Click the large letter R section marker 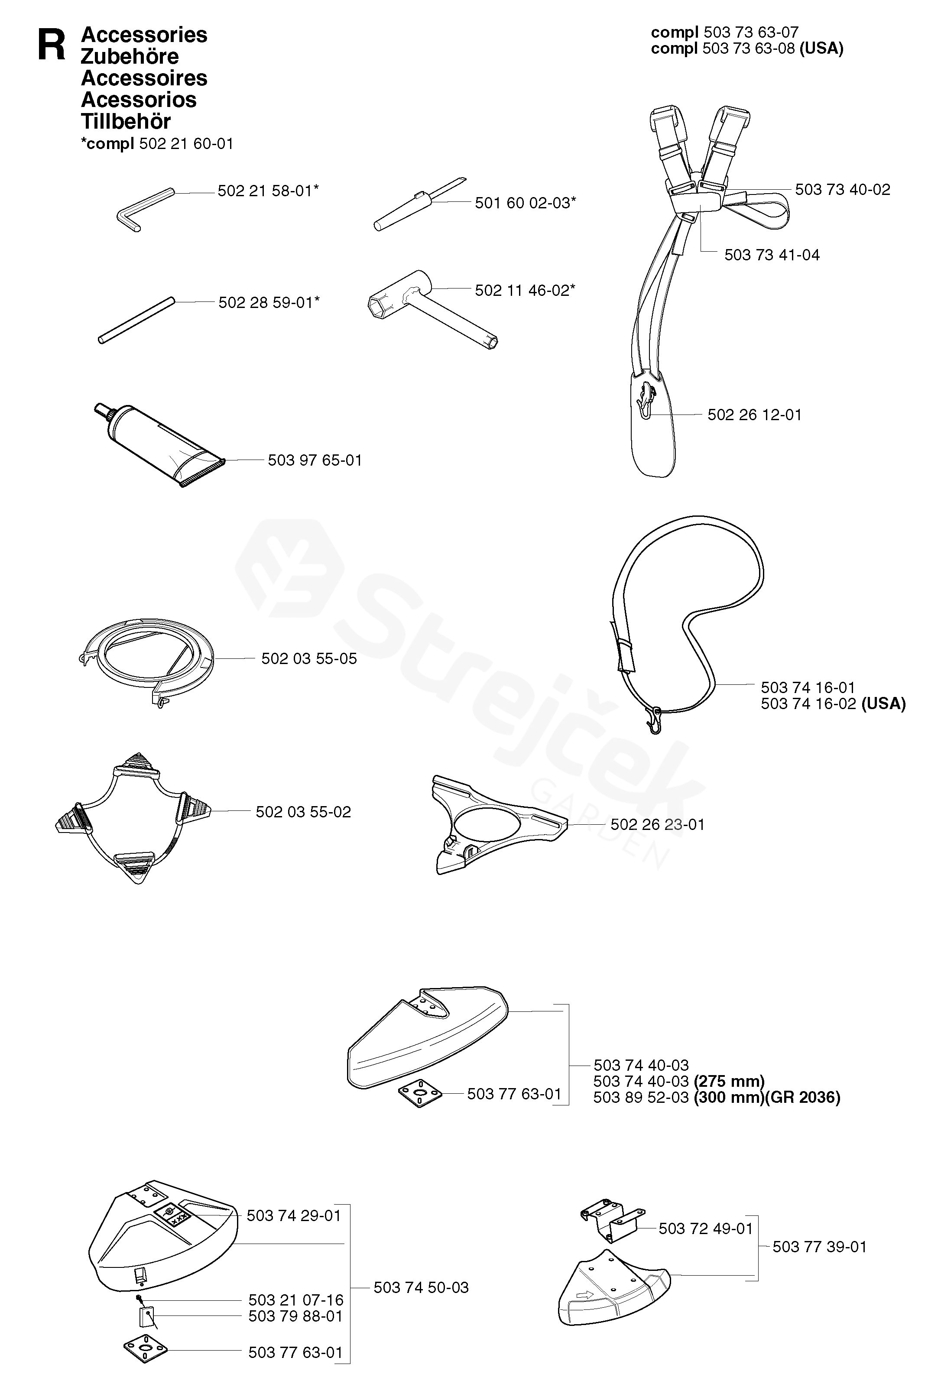pos(52,45)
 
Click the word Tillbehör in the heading pos(126,121)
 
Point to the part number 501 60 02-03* pos(525,203)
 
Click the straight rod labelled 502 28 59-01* pos(136,321)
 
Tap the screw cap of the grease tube pos(101,411)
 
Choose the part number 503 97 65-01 pos(315,460)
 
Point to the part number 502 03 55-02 pos(303,812)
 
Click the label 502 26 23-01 pos(658,824)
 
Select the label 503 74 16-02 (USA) pos(833,703)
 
